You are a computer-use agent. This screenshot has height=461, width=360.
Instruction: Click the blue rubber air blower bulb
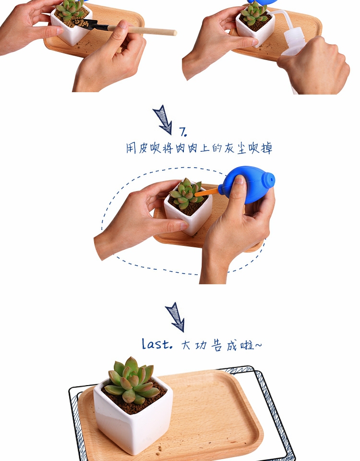tap(248, 184)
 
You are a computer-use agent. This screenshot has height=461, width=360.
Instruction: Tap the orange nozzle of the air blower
tap(206, 193)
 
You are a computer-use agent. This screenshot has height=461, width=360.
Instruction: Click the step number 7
tap(183, 132)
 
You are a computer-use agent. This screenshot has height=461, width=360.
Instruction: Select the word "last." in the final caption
tap(157, 344)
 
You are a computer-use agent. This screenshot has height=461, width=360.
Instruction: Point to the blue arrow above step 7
tap(163, 120)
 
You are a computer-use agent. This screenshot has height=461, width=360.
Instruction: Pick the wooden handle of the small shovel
tap(142, 30)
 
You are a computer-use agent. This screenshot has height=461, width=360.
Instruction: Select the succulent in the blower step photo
tap(186, 193)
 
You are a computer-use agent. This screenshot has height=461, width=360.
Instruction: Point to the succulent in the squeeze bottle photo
tap(254, 13)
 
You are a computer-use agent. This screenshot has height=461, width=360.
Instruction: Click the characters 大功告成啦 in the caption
tap(221, 345)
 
